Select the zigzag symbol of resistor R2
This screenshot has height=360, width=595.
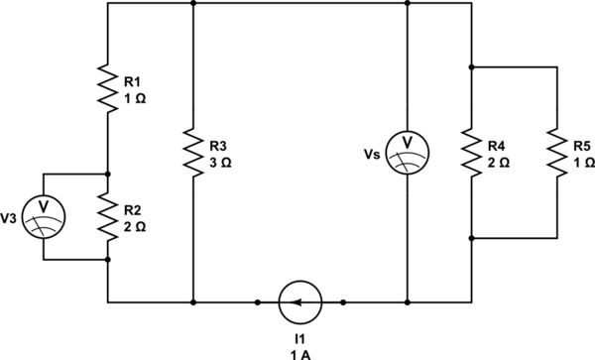pos(106,214)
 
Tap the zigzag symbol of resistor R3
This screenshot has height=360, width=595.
pos(192,151)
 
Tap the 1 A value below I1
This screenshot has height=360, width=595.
pos(299,351)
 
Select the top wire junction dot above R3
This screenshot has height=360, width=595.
pos(192,3)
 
